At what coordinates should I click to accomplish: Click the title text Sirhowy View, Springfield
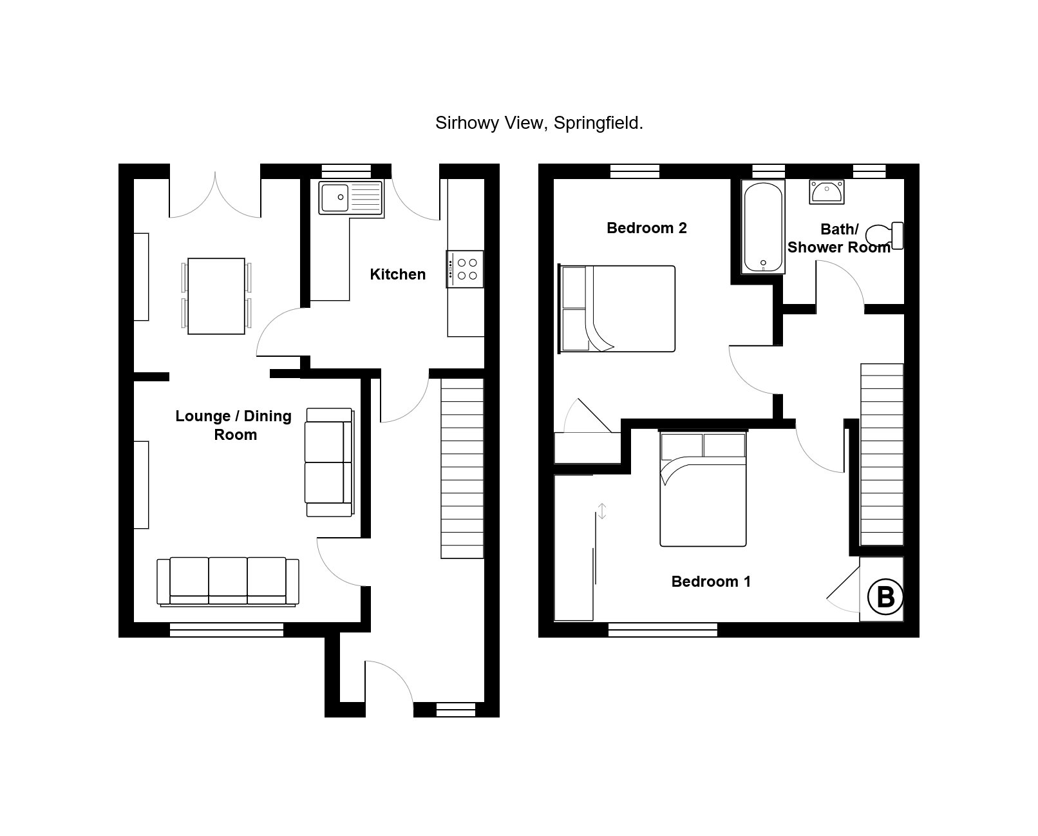tap(539, 123)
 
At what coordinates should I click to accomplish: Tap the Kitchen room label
tap(397, 274)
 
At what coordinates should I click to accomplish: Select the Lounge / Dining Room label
tap(234, 425)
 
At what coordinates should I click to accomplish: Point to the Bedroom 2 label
tap(646, 228)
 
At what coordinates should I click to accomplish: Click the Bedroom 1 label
tap(711, 582)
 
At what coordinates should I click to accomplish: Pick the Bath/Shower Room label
tap(838, 238)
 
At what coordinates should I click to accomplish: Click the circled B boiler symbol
tap(885, 597)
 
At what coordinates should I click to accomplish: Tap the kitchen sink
tap(351, 198)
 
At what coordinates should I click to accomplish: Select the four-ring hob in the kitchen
tap(465, 269)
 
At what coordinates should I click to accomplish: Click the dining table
tap(216, 296)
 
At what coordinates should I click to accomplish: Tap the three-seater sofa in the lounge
tap(229, 582)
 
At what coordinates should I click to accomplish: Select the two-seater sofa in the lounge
tap(329, 462)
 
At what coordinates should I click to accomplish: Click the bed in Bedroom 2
tap(618, 309)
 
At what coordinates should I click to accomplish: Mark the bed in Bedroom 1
tap(703, 489)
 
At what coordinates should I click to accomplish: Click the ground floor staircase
tap(462, 468)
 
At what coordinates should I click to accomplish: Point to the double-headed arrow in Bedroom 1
tap(601, 511)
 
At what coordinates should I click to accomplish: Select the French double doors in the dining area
tap(215, 193)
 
